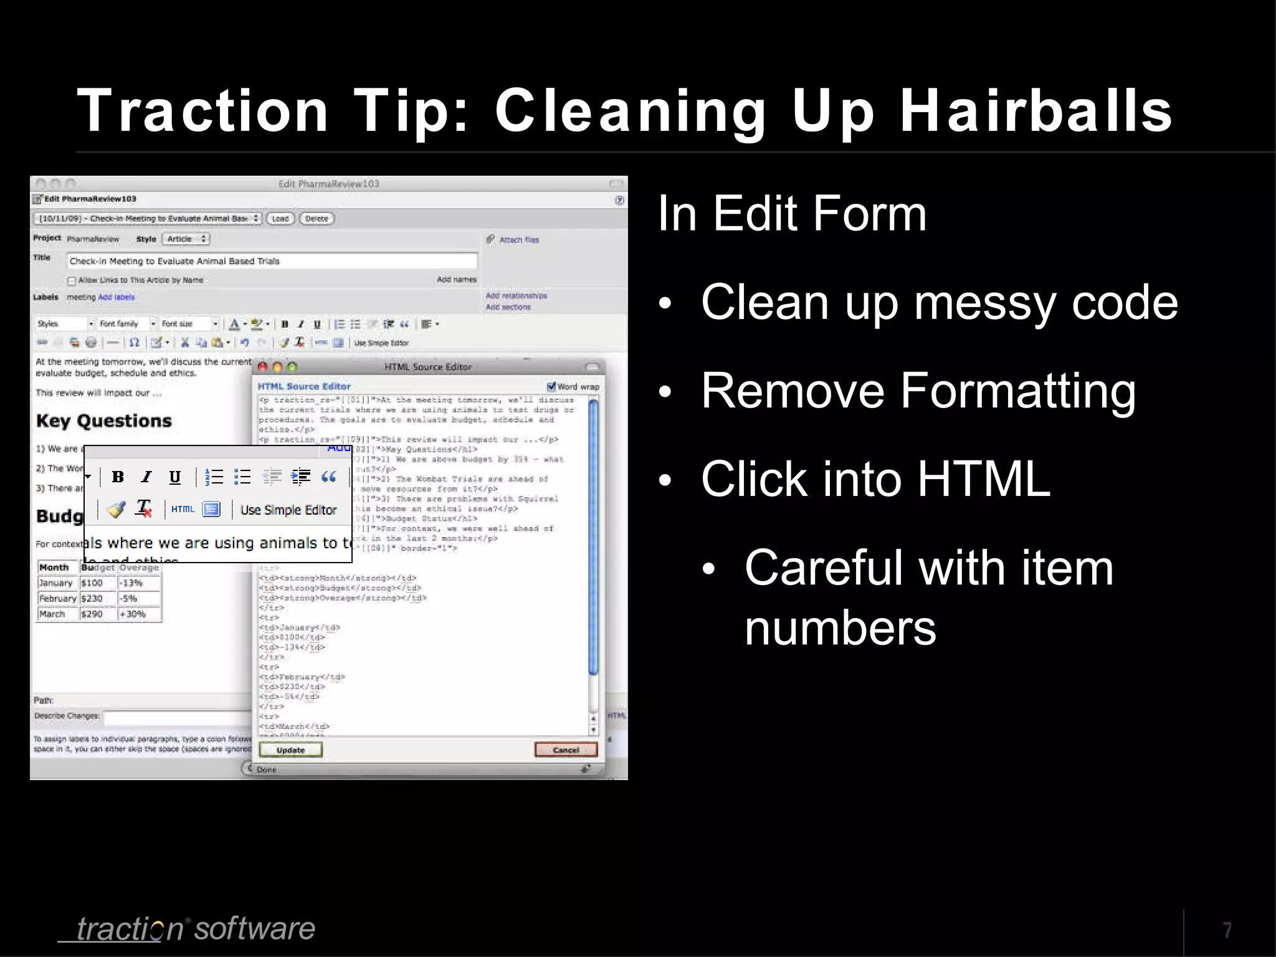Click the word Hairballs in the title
point(1036,111)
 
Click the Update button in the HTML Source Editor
point(290,750)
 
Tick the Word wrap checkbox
point(551,386)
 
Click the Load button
point(280,219)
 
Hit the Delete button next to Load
point(317,219)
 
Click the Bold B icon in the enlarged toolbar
point(118,477)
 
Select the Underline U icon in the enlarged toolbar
point(175,477)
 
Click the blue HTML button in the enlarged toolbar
point(183,509)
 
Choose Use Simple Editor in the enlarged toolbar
point(288,510)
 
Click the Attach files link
point(518,240)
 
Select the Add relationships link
point(516,296)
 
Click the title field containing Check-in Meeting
point(272,261)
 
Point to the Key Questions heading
point(103,421)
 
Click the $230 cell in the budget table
point(92,599)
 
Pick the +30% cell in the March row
point(132,614)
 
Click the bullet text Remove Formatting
point(918,391)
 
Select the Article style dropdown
point(186,239)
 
